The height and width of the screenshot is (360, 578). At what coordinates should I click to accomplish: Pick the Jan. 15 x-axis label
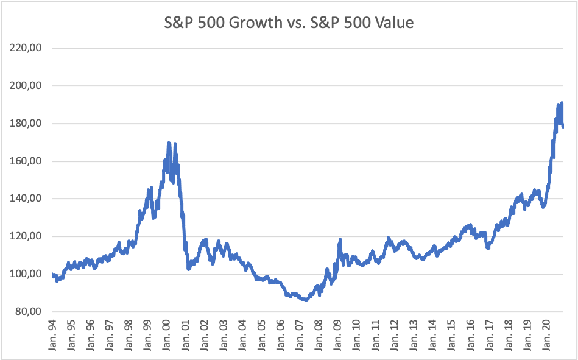click(x=451, y=335)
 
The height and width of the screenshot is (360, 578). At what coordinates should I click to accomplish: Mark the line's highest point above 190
click(x=562, y=103)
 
